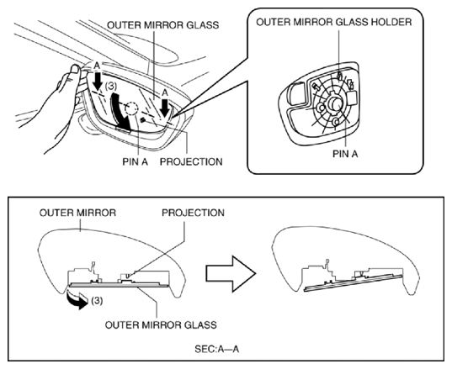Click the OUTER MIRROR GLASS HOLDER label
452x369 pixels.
334,22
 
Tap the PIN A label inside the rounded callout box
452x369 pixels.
345,154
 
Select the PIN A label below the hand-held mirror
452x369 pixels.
135,161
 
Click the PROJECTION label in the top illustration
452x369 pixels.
191,161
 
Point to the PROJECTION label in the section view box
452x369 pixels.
193,213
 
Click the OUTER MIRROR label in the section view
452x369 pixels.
77,213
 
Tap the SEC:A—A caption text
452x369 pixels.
217,349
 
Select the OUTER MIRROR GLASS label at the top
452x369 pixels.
162,25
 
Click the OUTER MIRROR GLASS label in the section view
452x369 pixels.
161,325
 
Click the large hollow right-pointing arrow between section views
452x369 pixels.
231,274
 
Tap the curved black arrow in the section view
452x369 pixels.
77,301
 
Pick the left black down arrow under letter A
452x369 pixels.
98,82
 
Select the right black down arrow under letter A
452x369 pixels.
165,108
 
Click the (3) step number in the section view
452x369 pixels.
97,301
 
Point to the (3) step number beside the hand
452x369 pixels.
111,87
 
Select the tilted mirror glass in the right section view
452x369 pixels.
354,282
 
